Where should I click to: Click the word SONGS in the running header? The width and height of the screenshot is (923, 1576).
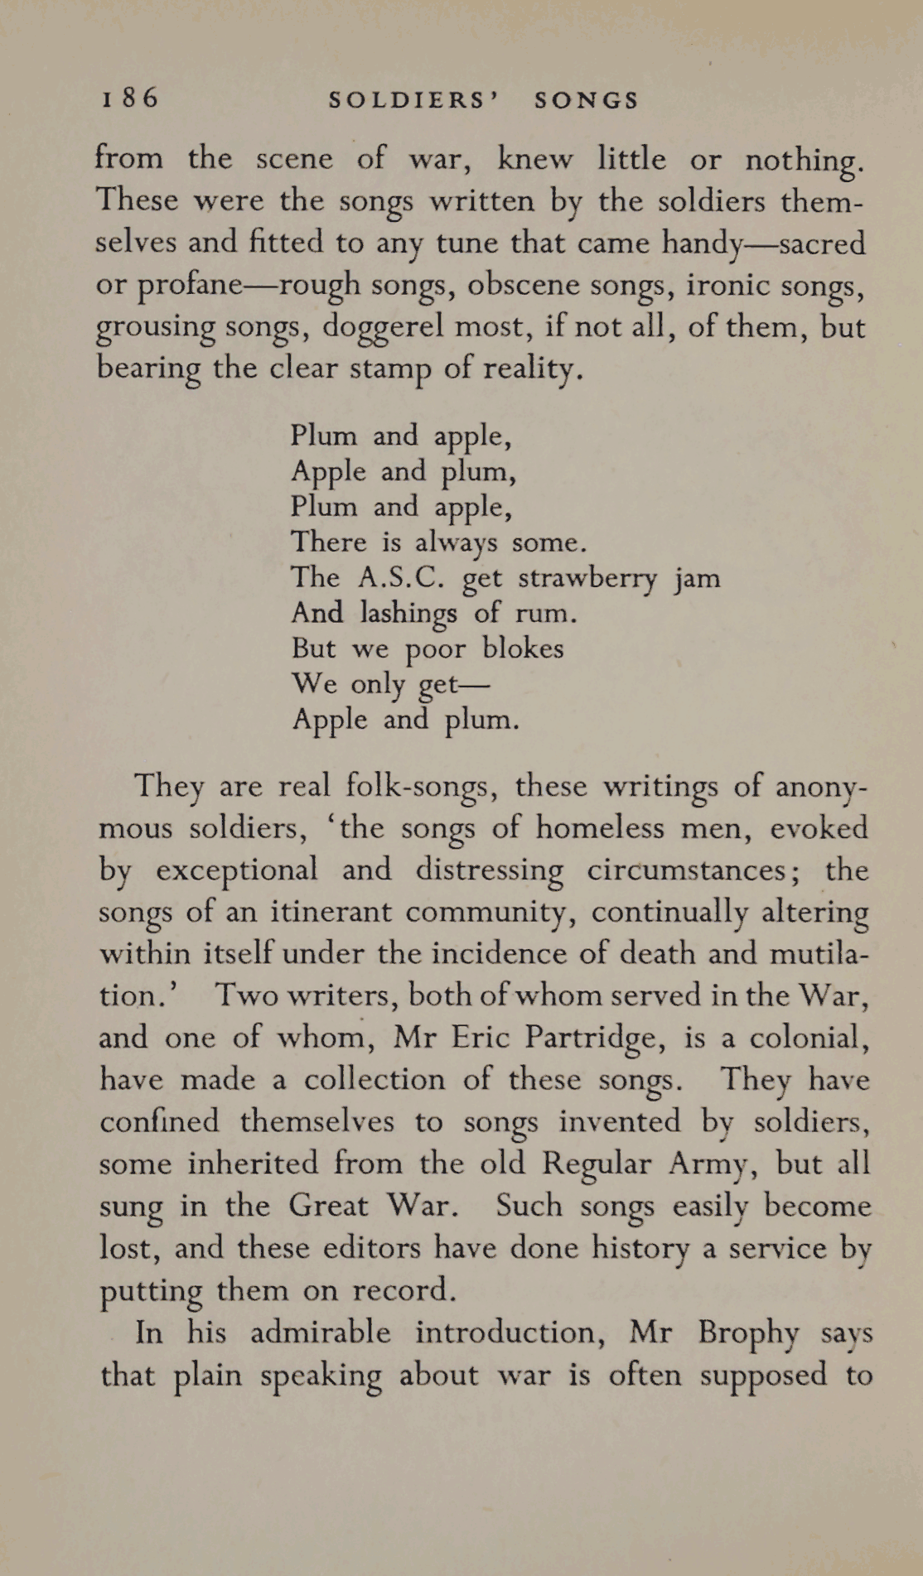587,101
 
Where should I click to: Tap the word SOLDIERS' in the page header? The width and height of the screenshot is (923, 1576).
413,101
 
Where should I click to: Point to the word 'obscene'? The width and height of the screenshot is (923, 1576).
524,284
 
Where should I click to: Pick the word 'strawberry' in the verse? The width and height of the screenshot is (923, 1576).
587,577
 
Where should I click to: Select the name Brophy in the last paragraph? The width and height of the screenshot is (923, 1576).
748,1333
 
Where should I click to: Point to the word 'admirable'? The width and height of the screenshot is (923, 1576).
320,1332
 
